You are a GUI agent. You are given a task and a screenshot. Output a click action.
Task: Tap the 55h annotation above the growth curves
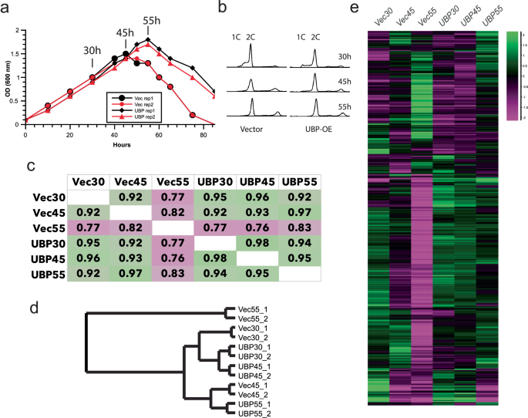153,19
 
